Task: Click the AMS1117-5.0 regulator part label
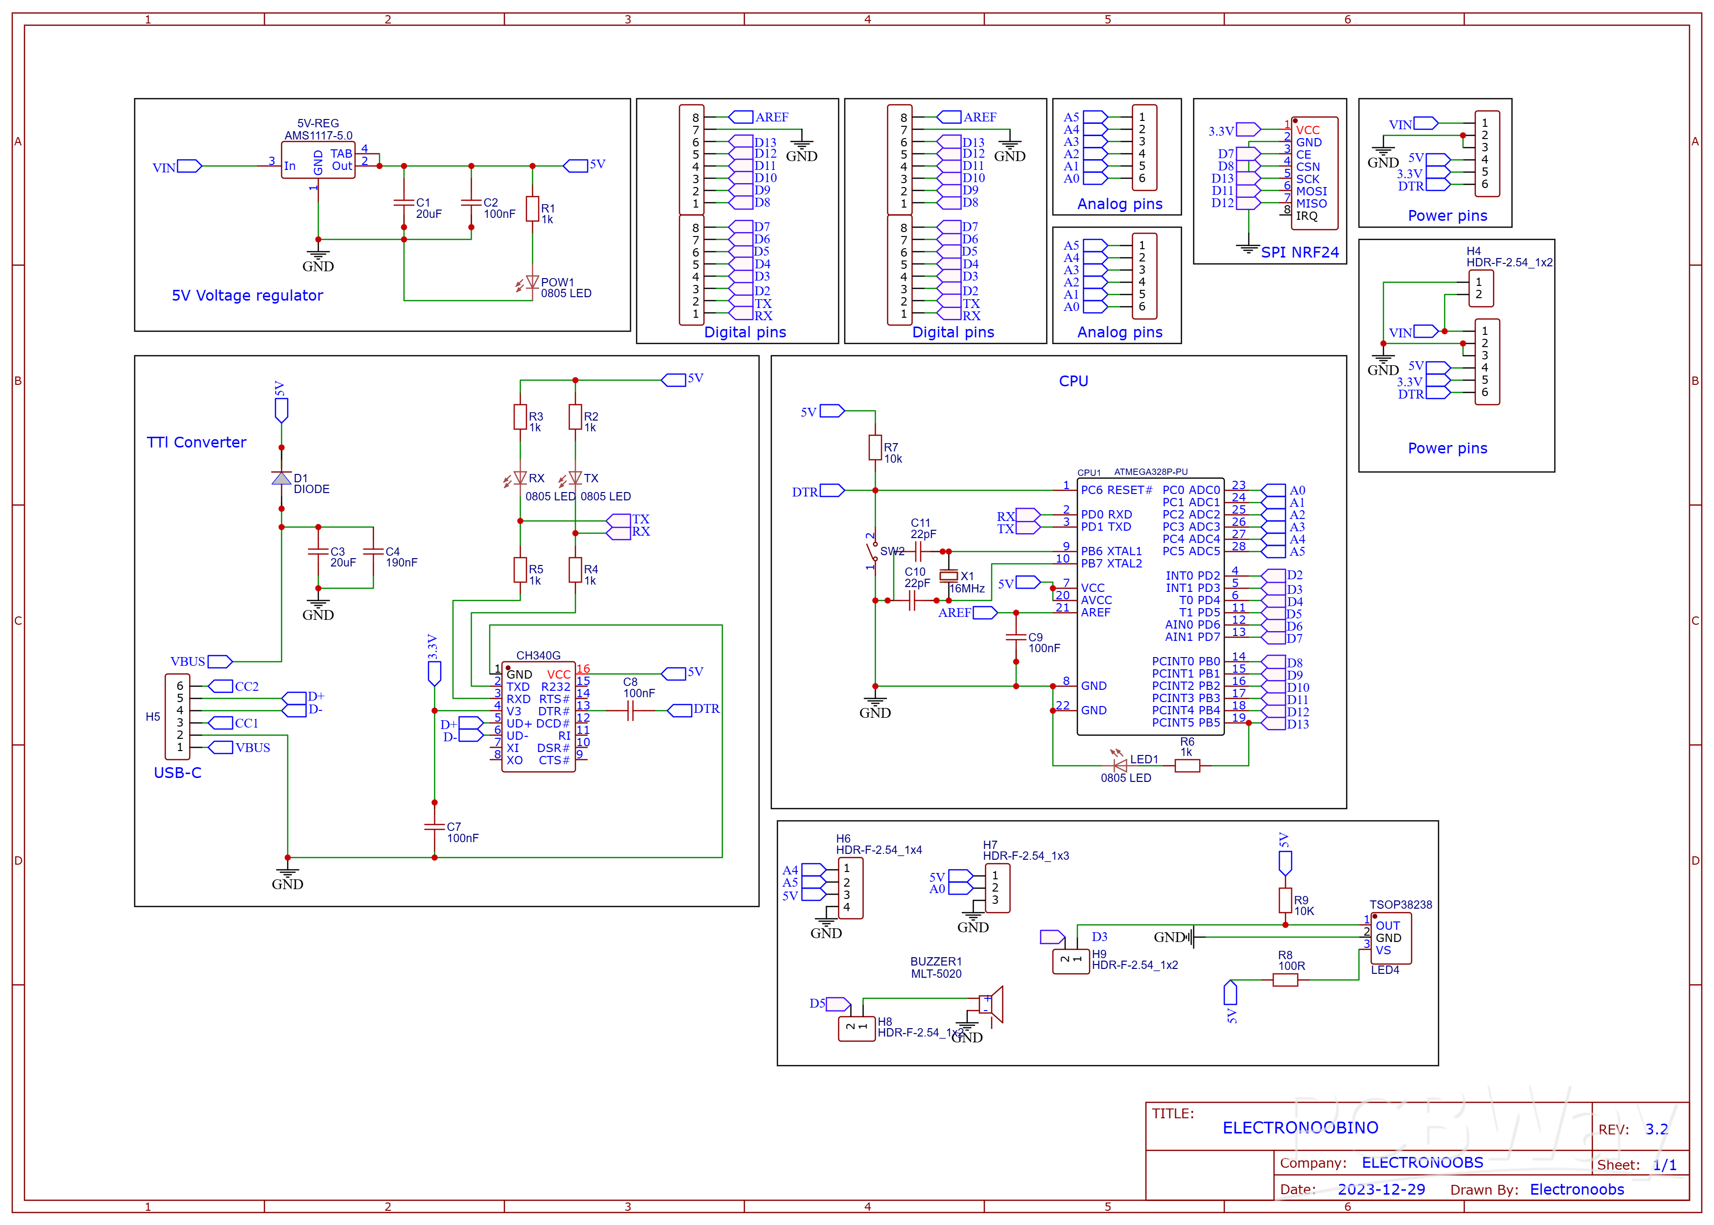point(318,136)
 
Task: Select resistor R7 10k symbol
point(875,448)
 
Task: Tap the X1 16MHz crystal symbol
point(948,576)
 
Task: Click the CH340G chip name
point(538,656)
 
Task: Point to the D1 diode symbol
point(282,478)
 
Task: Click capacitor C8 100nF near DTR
point(631,710)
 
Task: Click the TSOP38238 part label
point(1400,904)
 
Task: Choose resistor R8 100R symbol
point(1285,980)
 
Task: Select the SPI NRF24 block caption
point(1299,253)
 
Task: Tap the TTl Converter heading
point(196,442)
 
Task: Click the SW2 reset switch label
point(892,551)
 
